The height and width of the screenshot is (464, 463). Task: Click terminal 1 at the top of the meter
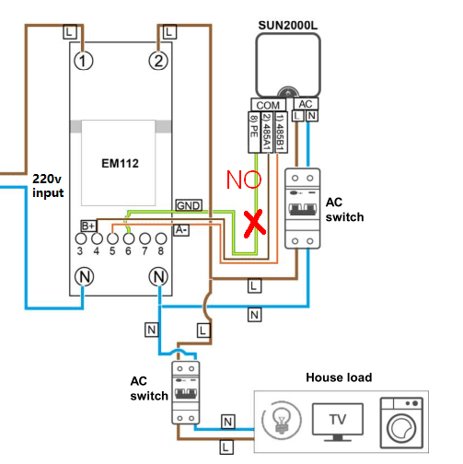click(x=85, y=62)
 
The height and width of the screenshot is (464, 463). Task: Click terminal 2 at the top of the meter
click(x=159, y=62)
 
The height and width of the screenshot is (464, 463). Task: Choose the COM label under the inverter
click(x=268, y=106)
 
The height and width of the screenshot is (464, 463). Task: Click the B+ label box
click(x=89, y=226)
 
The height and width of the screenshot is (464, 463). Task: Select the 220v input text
click(x=48, y=184)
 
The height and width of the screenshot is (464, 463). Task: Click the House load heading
click(x=338, y=378)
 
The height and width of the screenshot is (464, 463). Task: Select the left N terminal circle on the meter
click(x=85, y=274)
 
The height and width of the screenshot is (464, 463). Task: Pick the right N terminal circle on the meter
click(x=159, y=274)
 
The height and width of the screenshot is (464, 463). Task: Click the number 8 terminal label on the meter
click(x=161, y=250)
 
